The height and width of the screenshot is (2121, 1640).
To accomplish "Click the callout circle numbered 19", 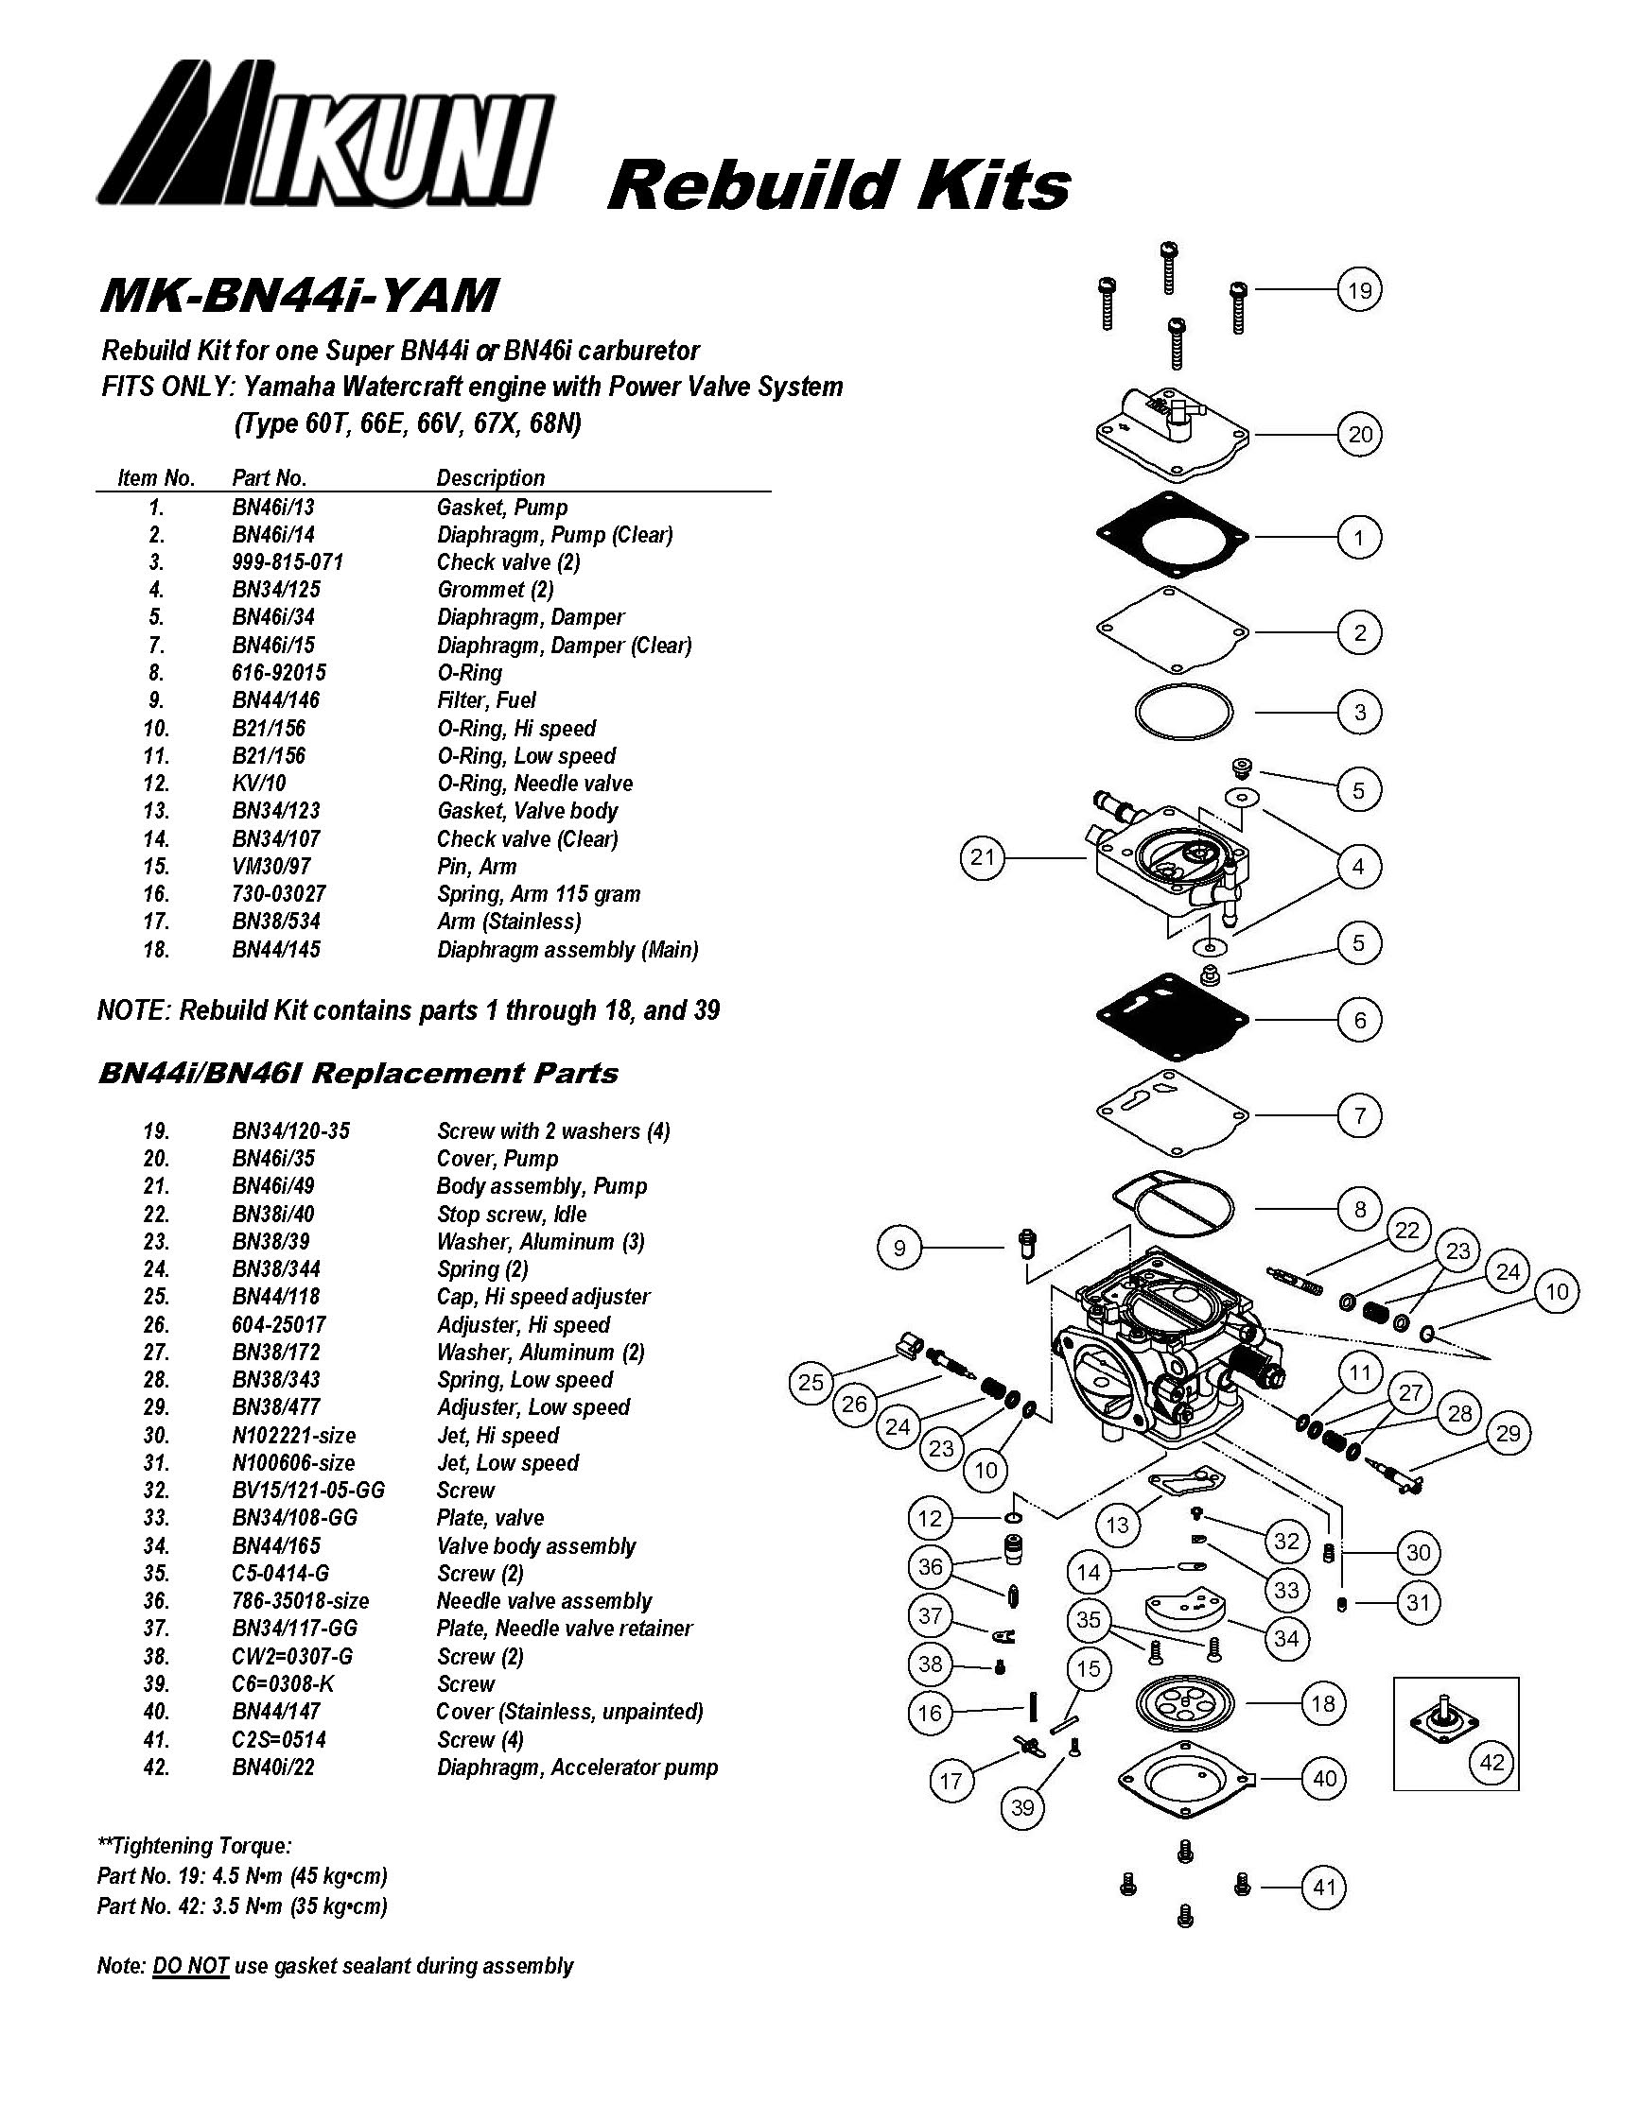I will click(1359, 289).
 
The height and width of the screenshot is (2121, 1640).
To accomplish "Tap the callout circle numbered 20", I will click(1359, 434).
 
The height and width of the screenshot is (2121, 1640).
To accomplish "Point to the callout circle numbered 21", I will click(983, 856).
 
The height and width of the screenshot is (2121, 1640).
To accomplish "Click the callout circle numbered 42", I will click(1492, 1761).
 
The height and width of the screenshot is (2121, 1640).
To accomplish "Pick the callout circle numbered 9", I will click(899, 1247).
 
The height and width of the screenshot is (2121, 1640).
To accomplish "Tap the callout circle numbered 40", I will click(1324, 1778).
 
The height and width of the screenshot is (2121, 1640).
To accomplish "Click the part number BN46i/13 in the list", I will click(273, 507).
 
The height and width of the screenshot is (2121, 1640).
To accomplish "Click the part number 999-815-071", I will click(288, 562).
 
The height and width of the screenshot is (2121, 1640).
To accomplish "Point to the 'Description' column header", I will click(491, 478).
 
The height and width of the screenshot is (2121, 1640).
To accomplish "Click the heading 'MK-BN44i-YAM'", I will click(300, 295).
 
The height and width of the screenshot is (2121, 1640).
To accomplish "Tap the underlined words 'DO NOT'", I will click(190, 1967).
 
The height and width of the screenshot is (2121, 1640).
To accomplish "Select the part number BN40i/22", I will click(273, 1767).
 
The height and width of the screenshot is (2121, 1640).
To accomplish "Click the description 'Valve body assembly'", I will click(536, 1546).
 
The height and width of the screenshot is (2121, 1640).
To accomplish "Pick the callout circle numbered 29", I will click(1508, 1433).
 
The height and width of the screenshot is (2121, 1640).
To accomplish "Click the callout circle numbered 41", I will click(1324, 1887).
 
